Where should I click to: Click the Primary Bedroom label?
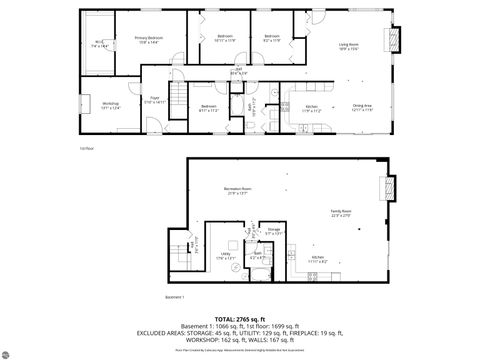(149, 40)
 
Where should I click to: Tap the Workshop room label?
(110, 105)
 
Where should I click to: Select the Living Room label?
(349, 47)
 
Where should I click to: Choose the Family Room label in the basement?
(341, 213)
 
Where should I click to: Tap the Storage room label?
(274, 231)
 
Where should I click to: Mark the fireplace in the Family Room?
(389, 189)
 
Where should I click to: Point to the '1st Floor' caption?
(87, 149)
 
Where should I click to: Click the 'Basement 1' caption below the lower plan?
(176, 297)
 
